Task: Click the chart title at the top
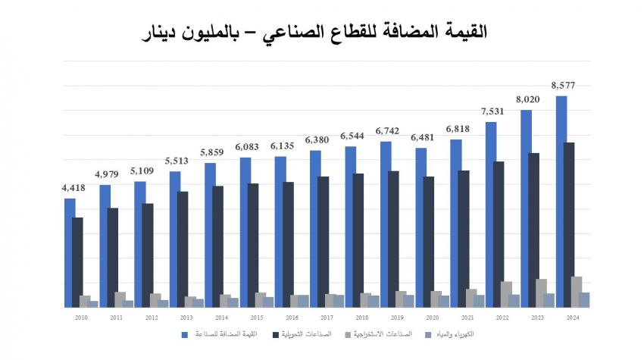(321, 32)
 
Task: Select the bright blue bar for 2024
(561, 201)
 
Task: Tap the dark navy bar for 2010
(77, 261)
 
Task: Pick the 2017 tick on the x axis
(327, 317)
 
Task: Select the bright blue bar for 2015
(245, 232)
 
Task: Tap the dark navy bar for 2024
(569, 224)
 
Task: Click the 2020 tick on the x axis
(432, 317)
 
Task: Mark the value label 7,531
(491, 111)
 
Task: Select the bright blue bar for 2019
(386, 224)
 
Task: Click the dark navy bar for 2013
(182, 249)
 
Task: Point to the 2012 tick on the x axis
(151, 317)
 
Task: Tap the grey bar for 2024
(577, 292)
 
